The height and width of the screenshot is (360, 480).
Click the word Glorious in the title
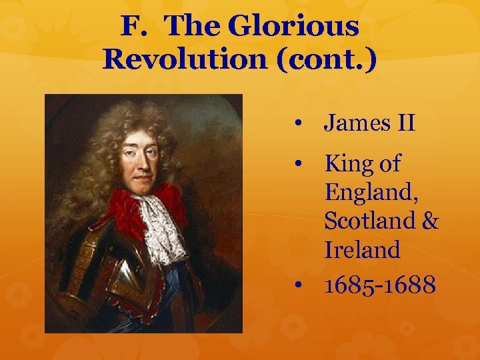click(293, 27)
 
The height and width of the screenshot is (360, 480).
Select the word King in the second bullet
click(348, 163)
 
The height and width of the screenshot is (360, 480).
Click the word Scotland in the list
click(369, 221)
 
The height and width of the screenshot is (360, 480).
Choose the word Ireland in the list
click(363, 250)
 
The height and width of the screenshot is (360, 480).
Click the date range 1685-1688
click(380, 285)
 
